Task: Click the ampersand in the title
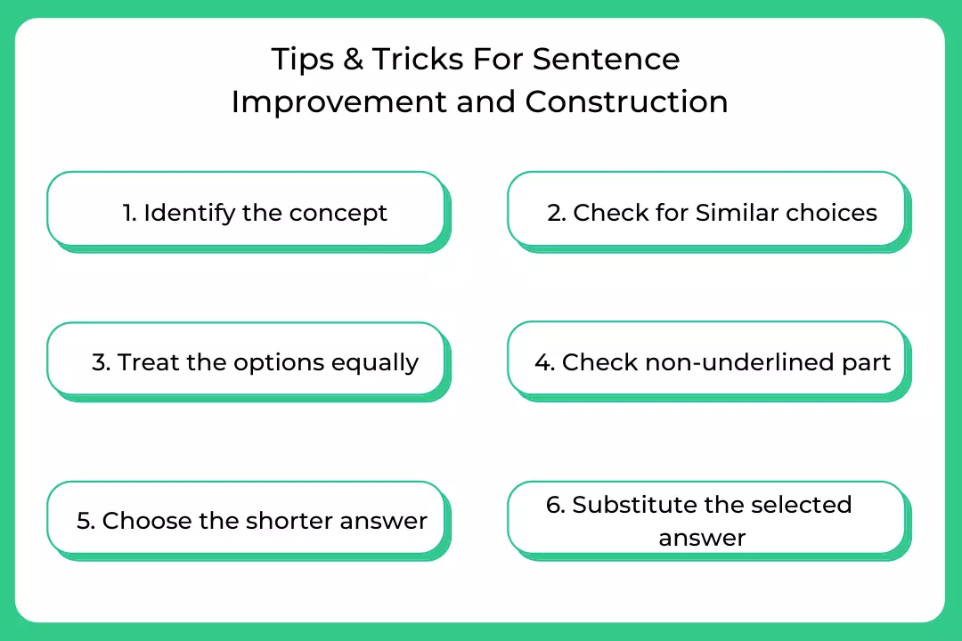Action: coord(353,60)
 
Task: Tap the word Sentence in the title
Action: coord(607,60)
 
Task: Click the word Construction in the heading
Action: coord(626,101)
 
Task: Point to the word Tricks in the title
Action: coord(418,60)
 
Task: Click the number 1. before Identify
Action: coord(129,213)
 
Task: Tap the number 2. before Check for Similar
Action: coord(557,213)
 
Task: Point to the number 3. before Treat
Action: coord(102,362)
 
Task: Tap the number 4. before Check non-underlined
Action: coord(545,362)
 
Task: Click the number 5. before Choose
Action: coord(86,521)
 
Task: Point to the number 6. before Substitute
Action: coord(555,505)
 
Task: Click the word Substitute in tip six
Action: coord(634,504)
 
